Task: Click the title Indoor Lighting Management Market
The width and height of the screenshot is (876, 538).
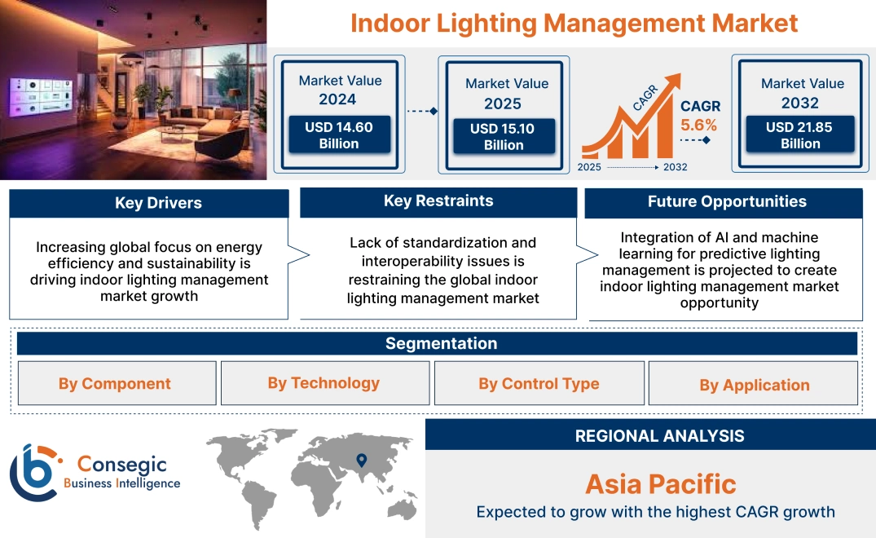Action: (574, 23)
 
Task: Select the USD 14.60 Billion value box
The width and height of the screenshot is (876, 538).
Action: (339, 135)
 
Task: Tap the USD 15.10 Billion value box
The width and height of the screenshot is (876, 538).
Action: (504, 137)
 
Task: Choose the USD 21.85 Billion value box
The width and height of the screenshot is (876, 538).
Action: (800, 135)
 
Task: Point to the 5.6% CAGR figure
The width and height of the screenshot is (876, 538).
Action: (698, 125)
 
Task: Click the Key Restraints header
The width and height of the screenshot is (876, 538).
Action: (438, 201)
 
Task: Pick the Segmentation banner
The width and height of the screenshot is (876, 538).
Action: (440, 343)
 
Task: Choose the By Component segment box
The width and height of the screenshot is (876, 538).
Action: (115, 384)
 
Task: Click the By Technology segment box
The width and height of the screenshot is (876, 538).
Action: (324, 383)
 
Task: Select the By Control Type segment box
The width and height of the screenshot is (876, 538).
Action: (539, 384)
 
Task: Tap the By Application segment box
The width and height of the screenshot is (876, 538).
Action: (754, 385)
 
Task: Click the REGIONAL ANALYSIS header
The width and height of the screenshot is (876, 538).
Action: (659, 435)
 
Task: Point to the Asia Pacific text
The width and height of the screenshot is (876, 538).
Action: (660, 484)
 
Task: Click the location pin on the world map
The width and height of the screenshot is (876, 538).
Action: (362, 462)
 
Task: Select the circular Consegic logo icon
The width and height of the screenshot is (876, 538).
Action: (33, 473)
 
